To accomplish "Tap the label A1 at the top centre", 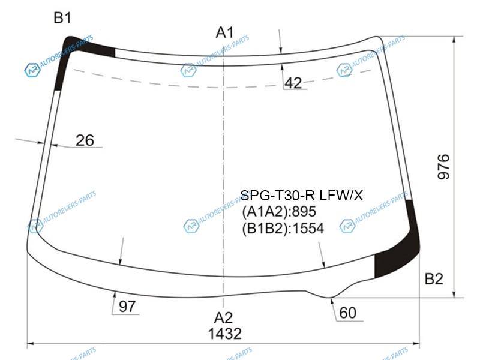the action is (x=225, y=32).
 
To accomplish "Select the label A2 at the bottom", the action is (x=223, y=318).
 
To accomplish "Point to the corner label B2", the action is (x=434, y=279).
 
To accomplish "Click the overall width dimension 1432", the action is (x=224, y=334).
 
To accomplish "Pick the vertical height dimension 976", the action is (x=443, y=167).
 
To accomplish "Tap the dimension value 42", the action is (x=293, y=83).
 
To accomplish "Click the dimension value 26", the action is (x=85, y=140).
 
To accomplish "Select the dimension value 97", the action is (x=127, y=307).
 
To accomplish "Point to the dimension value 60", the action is (x=348, y=313).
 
